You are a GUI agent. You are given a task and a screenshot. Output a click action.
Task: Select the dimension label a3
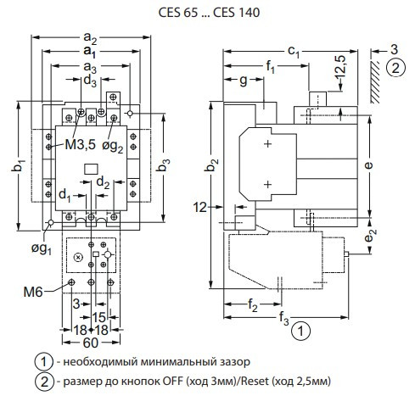pyautogui.click(x=89, y=66)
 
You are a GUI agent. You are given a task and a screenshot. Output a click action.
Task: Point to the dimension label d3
pyautogui.click(x=89, y=80)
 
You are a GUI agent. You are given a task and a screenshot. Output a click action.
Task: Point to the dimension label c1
pyautogui.click(x=294, y=53)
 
